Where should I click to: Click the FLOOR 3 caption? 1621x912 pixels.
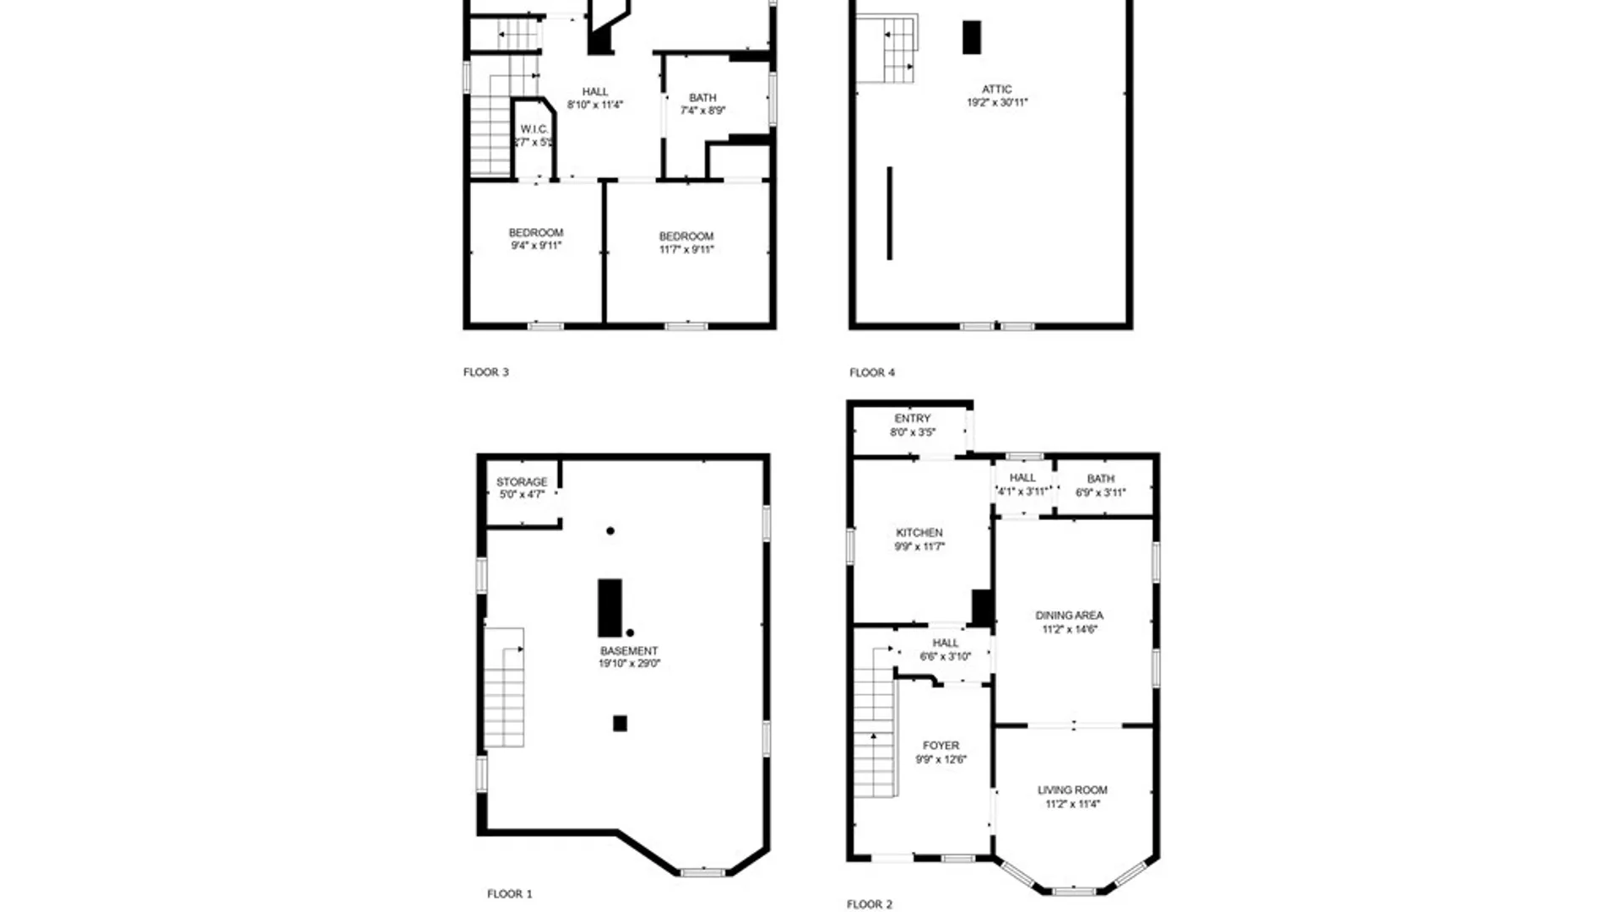[485, 372]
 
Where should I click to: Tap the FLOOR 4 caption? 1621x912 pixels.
[872, 372]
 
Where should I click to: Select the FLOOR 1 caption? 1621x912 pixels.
[509, 894]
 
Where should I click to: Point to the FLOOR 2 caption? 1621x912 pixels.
[869, 904]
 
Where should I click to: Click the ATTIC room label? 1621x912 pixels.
[996, 90]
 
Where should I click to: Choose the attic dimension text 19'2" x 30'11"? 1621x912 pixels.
[997, 103]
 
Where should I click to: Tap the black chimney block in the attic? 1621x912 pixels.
[972, 38]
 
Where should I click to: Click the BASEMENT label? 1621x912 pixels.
[629, 651]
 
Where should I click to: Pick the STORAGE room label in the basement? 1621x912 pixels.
[522, 482]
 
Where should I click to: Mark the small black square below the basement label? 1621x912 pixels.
[620, 724]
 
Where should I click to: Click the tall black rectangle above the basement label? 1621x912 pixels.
[610, 608]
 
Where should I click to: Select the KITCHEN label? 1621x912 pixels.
[919, 533]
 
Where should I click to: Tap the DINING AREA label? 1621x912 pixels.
[1069, 616]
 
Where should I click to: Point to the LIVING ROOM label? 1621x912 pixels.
[1072, 790]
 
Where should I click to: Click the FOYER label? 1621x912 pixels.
[941, 746]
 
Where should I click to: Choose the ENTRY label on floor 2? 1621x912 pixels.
[913, 419]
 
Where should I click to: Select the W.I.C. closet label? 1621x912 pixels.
[534, 129]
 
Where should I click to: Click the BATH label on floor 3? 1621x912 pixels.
[702, 98]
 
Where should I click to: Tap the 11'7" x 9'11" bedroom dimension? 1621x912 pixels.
[686, 250]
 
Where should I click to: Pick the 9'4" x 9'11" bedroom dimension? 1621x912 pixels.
[536, 246]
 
